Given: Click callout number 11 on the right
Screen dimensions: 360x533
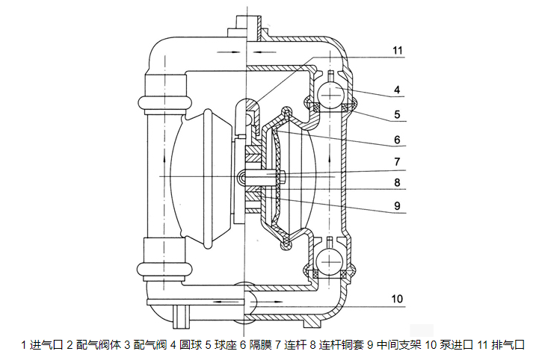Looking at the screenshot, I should [x=397, y=51].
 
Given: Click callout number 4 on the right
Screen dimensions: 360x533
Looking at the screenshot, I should [x=398, y=90].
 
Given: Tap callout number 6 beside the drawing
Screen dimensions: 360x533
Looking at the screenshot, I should [x=398, y=139].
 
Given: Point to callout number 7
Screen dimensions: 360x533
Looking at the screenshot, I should [x=398, y=161].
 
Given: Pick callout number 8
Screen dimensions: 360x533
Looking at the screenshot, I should [x=398, y=181].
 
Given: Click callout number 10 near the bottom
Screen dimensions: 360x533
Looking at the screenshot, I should [x=397, y=299].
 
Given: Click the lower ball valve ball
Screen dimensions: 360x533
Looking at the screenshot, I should [x=330, y=259].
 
